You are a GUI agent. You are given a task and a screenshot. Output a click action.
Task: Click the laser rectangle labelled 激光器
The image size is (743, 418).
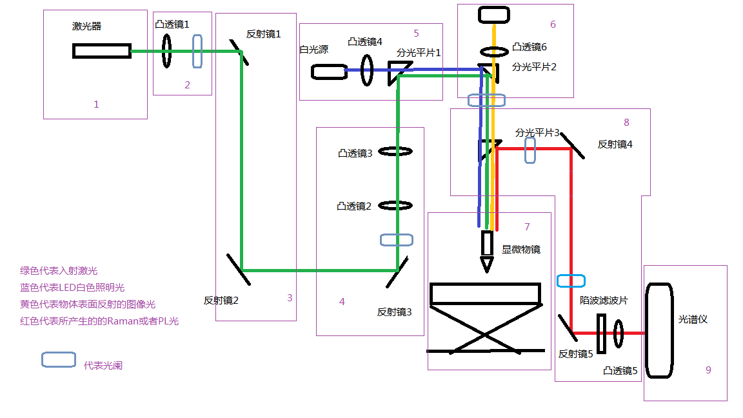(x=102, y=51)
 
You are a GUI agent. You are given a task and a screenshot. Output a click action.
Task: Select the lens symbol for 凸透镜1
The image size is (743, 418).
(x=166, y=51)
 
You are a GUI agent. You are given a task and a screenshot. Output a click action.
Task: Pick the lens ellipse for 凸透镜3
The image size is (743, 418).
(x=395, y=152)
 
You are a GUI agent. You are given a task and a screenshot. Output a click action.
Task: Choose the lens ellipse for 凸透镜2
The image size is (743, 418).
(x=395, y=206)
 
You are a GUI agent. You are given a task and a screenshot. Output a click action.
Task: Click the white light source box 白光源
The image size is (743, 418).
(x=329, y=71)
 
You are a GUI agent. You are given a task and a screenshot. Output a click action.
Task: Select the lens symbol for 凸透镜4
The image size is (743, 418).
(x=367, y=70)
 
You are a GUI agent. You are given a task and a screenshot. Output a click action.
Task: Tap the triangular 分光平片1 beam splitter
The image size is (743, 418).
(x=395, y=73)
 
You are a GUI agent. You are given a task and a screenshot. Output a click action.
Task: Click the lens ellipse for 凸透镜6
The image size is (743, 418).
(x=494, y=51)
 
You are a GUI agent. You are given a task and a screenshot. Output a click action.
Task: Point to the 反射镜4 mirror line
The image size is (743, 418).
(x=573, y=146)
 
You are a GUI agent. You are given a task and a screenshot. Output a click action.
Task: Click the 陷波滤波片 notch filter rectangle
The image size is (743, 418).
(x=601, y=333)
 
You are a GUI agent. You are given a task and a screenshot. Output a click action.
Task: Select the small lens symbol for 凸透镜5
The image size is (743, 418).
(x=619, y=333)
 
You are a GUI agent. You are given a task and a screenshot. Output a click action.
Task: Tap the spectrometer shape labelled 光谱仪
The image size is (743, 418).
(x=659, y=330)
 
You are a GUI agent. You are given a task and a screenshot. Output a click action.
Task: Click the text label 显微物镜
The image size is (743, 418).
(x=521, y=250)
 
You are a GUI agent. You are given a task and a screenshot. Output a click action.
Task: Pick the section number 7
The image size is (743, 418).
(x=527, y=226)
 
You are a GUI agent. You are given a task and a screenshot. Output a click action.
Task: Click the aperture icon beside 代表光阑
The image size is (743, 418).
(x=58, y=360)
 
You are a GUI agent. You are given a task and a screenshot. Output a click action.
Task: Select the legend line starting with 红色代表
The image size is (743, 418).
(x=99, y=321)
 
